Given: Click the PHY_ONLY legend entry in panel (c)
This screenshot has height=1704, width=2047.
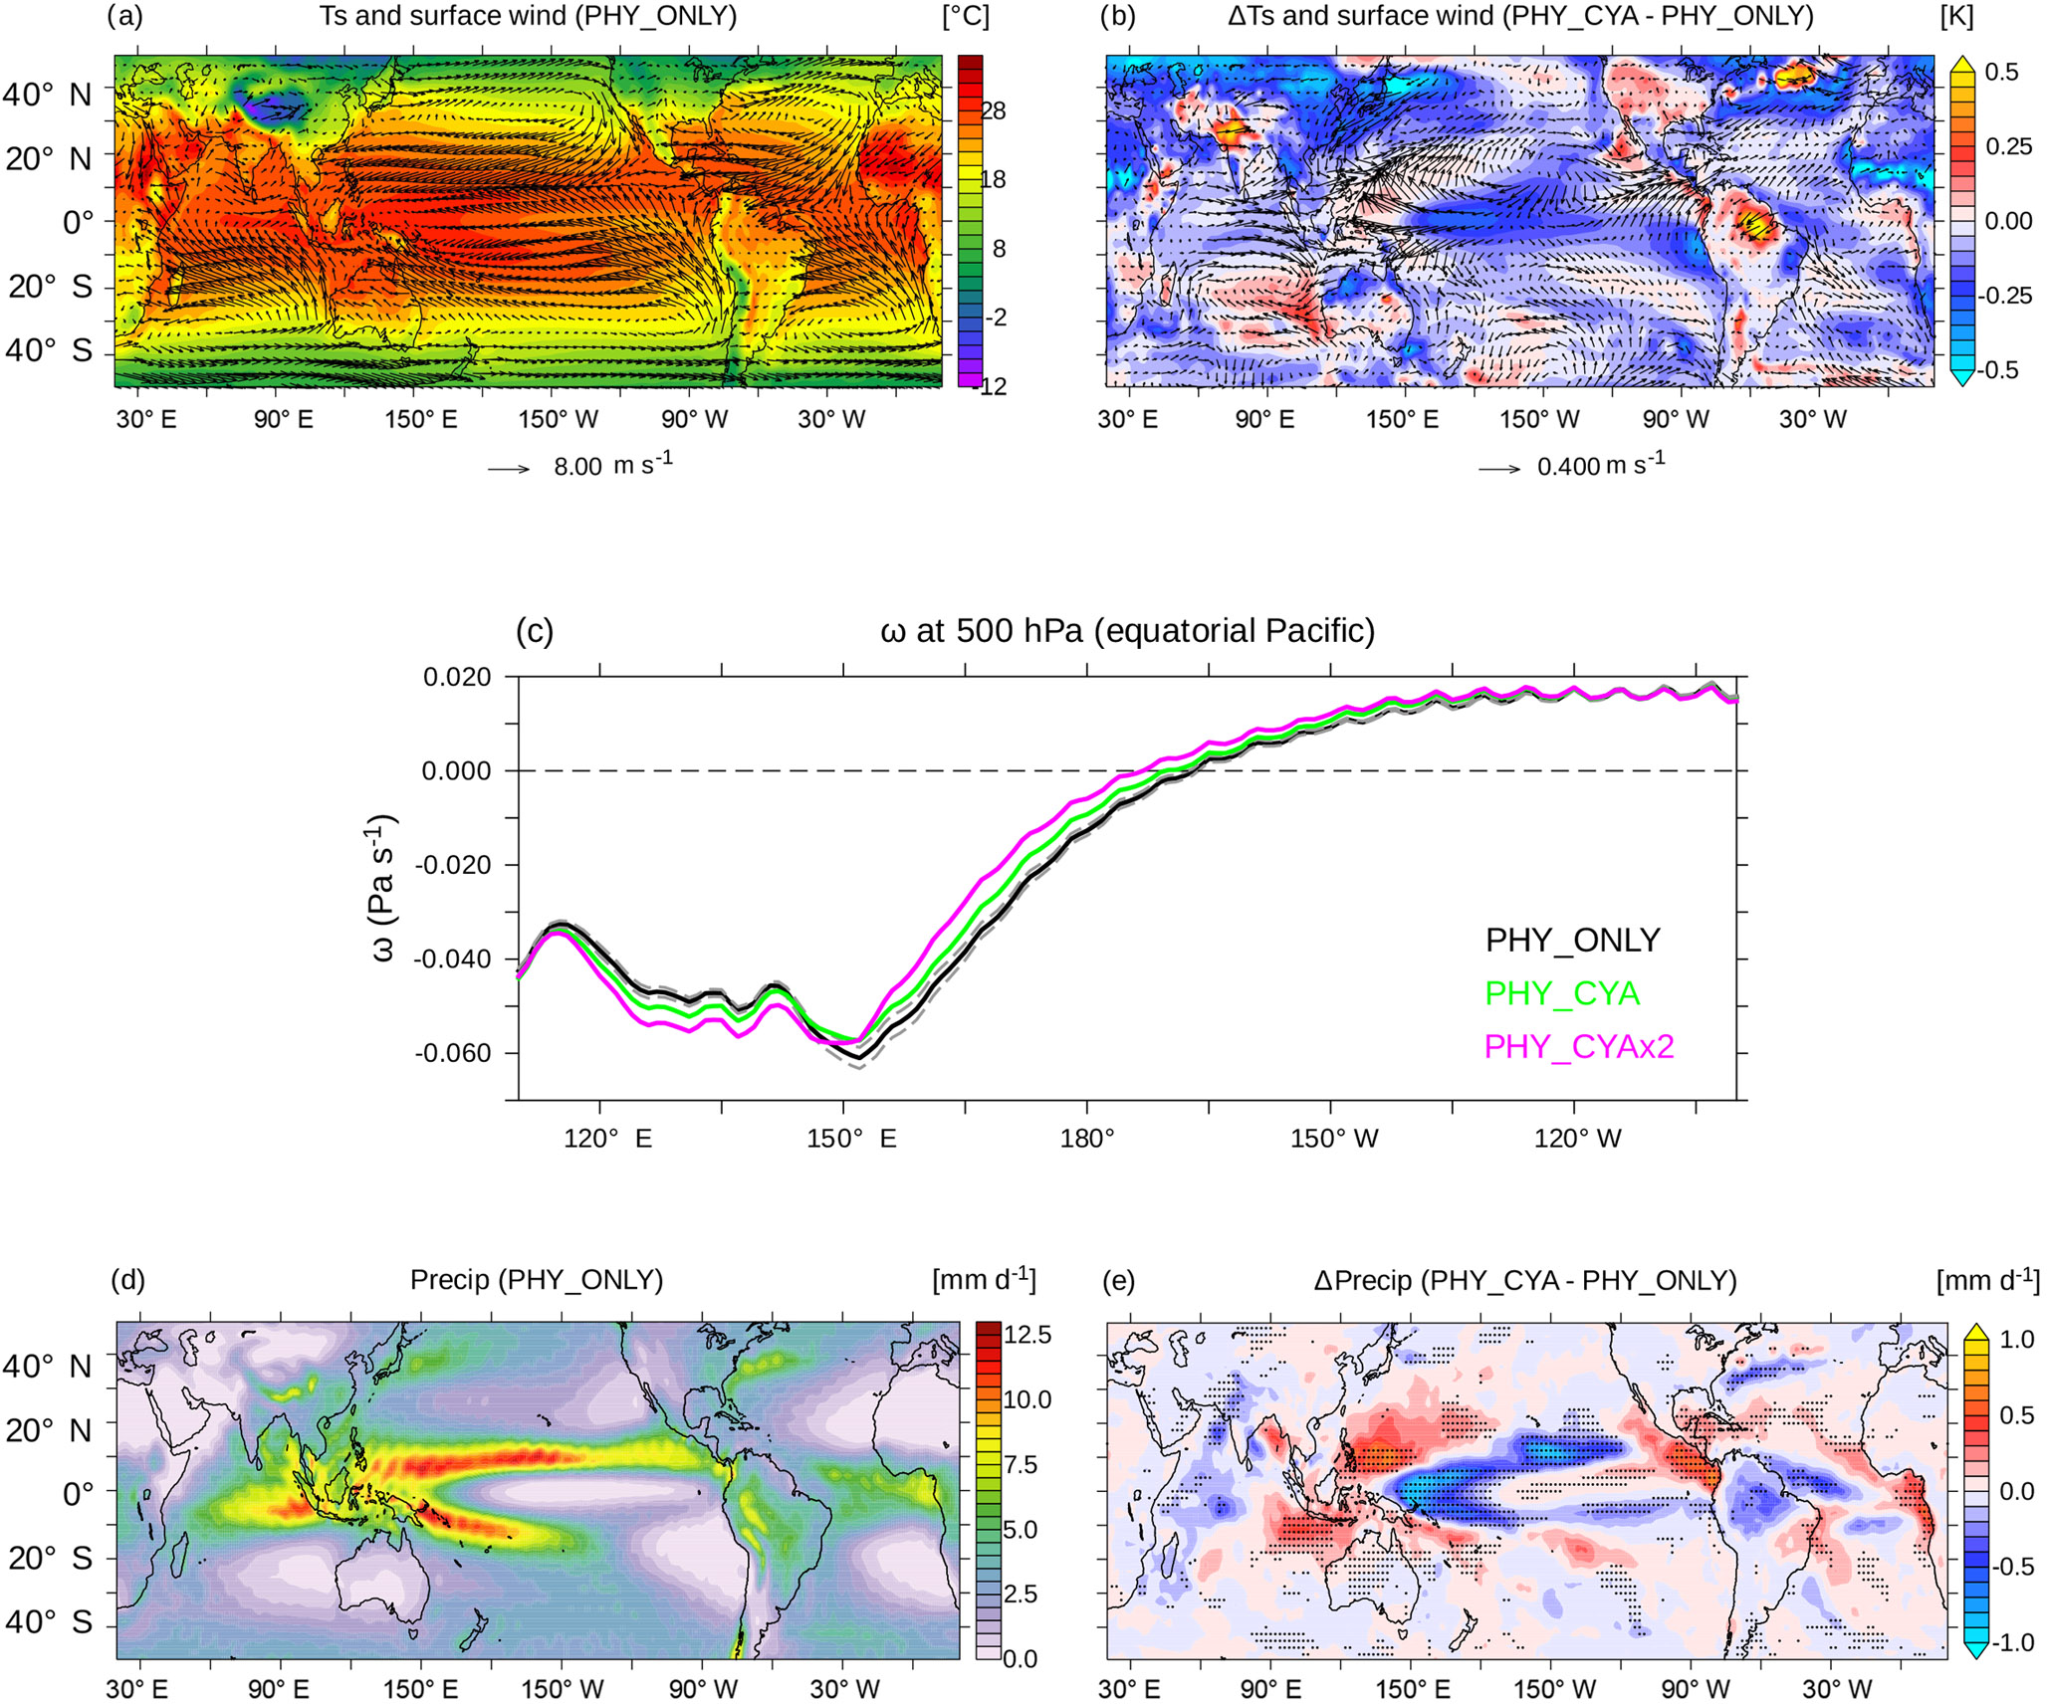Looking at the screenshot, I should (x=1572, y=941).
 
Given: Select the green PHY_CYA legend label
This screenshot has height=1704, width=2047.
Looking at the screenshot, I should (x=1561, y=993).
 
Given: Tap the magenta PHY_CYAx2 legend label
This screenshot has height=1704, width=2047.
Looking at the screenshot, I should (x=1579, y=1046).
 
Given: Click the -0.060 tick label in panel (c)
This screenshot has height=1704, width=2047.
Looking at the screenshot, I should (x=456, y=1053).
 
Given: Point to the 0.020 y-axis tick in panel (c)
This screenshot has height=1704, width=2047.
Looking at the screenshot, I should (x=457, y=678).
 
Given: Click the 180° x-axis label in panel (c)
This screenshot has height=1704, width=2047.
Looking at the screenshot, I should (x=1087, y=1138).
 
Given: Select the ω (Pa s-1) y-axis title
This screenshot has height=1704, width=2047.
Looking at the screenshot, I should (x=383, y=889).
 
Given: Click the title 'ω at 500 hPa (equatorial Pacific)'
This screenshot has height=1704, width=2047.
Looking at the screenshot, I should (x=1127, y=631).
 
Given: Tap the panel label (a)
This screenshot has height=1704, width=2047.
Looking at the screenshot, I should (x=125, y=17).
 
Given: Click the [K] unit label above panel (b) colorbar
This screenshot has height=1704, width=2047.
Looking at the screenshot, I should (x=1956, y=17).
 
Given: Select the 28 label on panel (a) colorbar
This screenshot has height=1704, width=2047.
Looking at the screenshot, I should (x=994, y=111).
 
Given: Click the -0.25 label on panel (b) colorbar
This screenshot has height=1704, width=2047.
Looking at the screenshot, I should (x=2003, y=296).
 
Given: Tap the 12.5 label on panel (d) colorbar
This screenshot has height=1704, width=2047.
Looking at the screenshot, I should (x=1027, y=1336).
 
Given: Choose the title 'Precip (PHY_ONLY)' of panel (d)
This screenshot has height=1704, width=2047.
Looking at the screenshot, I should (x=537, y=1280).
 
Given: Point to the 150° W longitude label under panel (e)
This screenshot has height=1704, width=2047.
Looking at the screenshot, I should (x=1555, y=1689).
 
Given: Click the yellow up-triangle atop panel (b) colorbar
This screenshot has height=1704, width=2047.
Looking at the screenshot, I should (x=1962, y=65).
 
